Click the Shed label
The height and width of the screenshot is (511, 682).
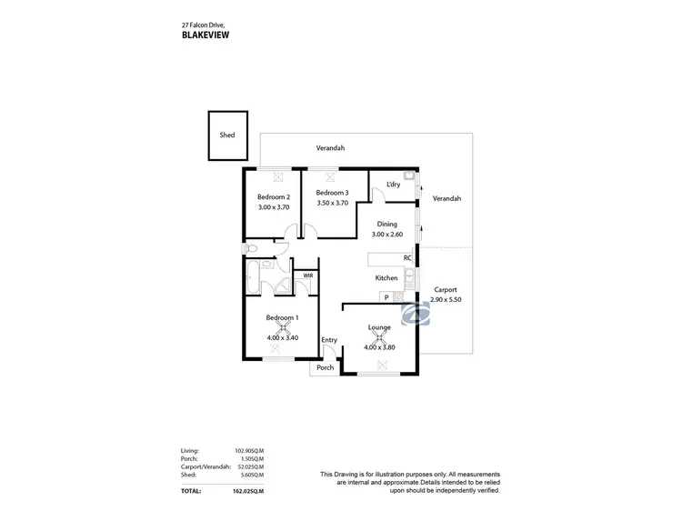point(227,135)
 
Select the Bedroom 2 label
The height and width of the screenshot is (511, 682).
point(273,197)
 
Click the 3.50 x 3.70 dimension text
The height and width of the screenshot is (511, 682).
point(332,203)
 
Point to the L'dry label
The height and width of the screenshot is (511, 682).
point(393,185)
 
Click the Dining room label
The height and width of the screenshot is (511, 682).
point(388,224)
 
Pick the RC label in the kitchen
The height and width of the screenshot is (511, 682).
point(407,258)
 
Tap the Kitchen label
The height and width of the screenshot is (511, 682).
point(387,278)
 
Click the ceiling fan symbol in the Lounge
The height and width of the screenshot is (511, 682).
point(379,336)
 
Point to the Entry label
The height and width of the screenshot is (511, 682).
point(329,340)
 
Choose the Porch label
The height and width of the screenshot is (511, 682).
point(325,368)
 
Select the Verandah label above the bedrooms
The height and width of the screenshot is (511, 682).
point(330,147)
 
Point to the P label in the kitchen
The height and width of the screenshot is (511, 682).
point(386,297)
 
